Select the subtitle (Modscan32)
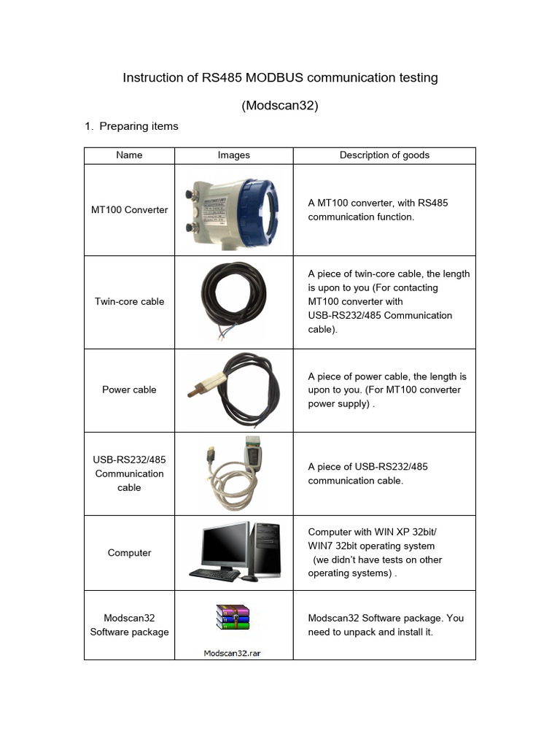pos(280,105)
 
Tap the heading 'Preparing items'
pos(139,126)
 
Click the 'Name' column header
pos(129,155)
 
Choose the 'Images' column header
pos(233,155)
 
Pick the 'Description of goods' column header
pos(384,155)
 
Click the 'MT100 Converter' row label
pos(129,209)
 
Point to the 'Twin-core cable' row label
pos(129,301)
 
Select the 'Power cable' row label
pos(129,390)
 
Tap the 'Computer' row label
pos(129,552)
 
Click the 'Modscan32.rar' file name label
pos(232,653)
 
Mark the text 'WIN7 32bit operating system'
pos(371,546)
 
